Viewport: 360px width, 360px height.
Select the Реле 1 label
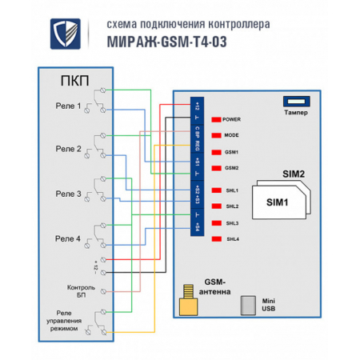tap(67, 106)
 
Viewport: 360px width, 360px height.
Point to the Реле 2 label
tap(67, 149)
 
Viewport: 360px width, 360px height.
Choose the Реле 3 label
tap(67, 193)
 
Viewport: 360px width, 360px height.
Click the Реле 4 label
tap(67, 238)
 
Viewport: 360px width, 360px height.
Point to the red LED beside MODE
tap(216, 135)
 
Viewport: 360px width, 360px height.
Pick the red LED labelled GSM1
tap(216, 152)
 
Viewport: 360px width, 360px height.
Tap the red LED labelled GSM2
tap(216, 168)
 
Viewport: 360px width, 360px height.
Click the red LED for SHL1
tap(216, 190)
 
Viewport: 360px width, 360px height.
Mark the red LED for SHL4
tap(216, 239)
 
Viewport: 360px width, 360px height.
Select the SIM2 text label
tap(294, 174)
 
